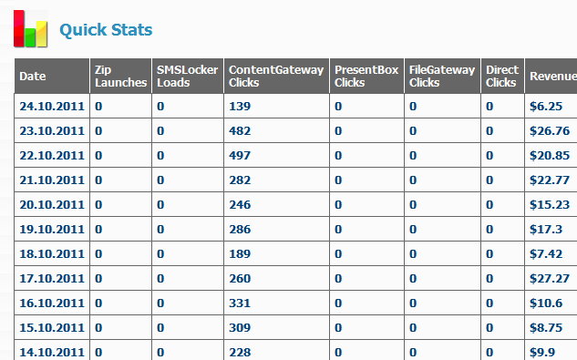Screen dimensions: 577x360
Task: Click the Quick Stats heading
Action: [x=106, y=30]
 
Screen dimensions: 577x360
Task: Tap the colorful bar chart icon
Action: [x=31, y=29]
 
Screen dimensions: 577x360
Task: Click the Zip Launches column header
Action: [x=120, y=76]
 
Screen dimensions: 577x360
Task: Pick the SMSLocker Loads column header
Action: [x=188, y=76]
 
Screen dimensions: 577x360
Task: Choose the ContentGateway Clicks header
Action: [x=276, y=76]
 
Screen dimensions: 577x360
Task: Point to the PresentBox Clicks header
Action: [x=366, y=76]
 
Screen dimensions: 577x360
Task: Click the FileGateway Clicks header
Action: [x=442, y=76]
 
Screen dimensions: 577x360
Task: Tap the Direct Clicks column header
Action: [x=502, y=76]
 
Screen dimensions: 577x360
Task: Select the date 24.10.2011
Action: [x=52, y=107]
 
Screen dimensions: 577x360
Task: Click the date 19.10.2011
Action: [x=52, y=230]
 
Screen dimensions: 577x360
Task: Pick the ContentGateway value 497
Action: [x=240, y=155]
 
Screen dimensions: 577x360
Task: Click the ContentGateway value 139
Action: [x=240, y=107]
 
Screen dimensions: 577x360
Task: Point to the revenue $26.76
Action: [x=550, y=131]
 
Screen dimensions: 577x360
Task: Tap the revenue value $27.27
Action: [x=550, y=279]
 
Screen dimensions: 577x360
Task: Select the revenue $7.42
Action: [x=546, y=254]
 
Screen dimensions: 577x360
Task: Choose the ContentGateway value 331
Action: [x=240, y=303]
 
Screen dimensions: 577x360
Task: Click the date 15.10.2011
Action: [x=52, y=327]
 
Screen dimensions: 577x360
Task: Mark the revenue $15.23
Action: [x=550, y=205]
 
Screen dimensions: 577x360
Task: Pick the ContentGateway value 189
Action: [x=240, y=254]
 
